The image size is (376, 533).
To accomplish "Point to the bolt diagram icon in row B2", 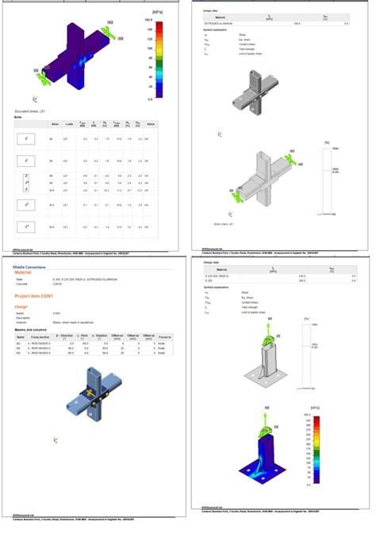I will (27, 138).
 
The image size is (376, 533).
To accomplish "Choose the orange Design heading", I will (25, 306).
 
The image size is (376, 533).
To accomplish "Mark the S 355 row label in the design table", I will (208, 280).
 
